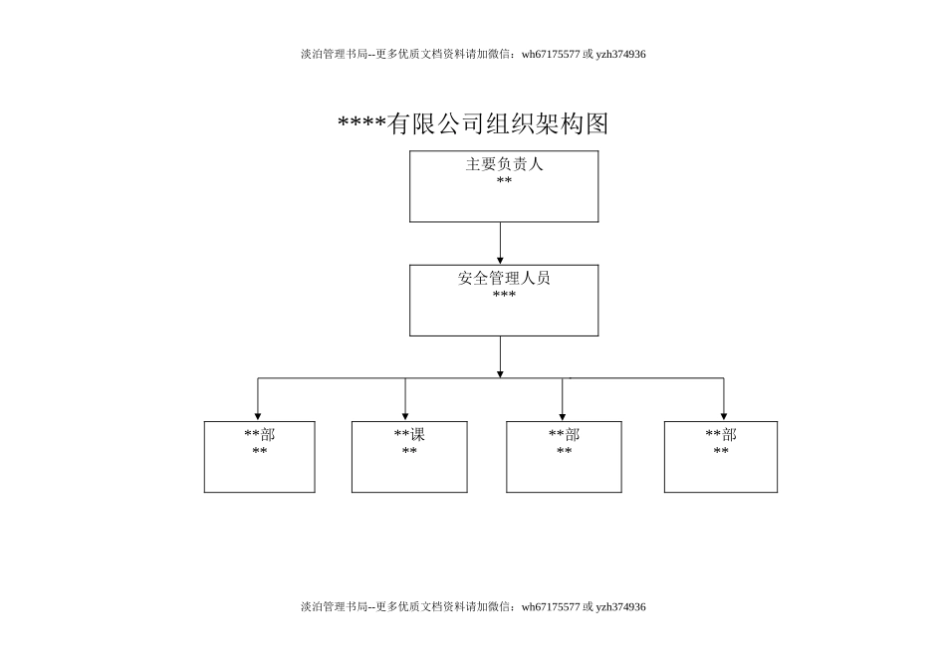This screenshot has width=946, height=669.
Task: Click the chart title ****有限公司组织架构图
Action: [x=473, y=123]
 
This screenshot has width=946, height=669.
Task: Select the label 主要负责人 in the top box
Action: [x=504, y=164]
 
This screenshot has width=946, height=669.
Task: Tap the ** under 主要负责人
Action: [x=504, y=181]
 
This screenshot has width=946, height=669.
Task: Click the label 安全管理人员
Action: [x=504, y=279]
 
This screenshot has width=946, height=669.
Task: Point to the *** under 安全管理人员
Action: [x=504, y=296]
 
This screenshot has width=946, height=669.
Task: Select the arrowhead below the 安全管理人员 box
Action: [x=500, y=372]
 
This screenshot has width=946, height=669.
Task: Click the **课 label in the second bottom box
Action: [x=409, y=435]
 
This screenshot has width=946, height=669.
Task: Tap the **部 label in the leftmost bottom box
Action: [x=260, y=435]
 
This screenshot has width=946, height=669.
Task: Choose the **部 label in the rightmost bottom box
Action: [x=721, y=435]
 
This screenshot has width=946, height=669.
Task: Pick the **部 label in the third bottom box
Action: [x=564, y=435]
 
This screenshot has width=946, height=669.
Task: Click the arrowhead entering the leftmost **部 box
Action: [x=258, y=415]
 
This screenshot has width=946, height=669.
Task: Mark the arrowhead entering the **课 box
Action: [x=405, y=415]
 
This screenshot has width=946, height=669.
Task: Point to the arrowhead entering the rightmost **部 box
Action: [x=724, y=415]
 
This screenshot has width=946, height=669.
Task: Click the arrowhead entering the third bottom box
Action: [x=562, y=415]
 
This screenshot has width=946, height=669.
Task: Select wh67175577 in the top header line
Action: [x=550, y=54]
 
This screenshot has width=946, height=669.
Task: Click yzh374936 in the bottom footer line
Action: [x=620, y=606]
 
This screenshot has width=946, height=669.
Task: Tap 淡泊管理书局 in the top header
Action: [x=334, y=54]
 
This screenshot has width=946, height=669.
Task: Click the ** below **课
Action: [x=409, y=452]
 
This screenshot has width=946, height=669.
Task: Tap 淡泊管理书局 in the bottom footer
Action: [x=334, y=606]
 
